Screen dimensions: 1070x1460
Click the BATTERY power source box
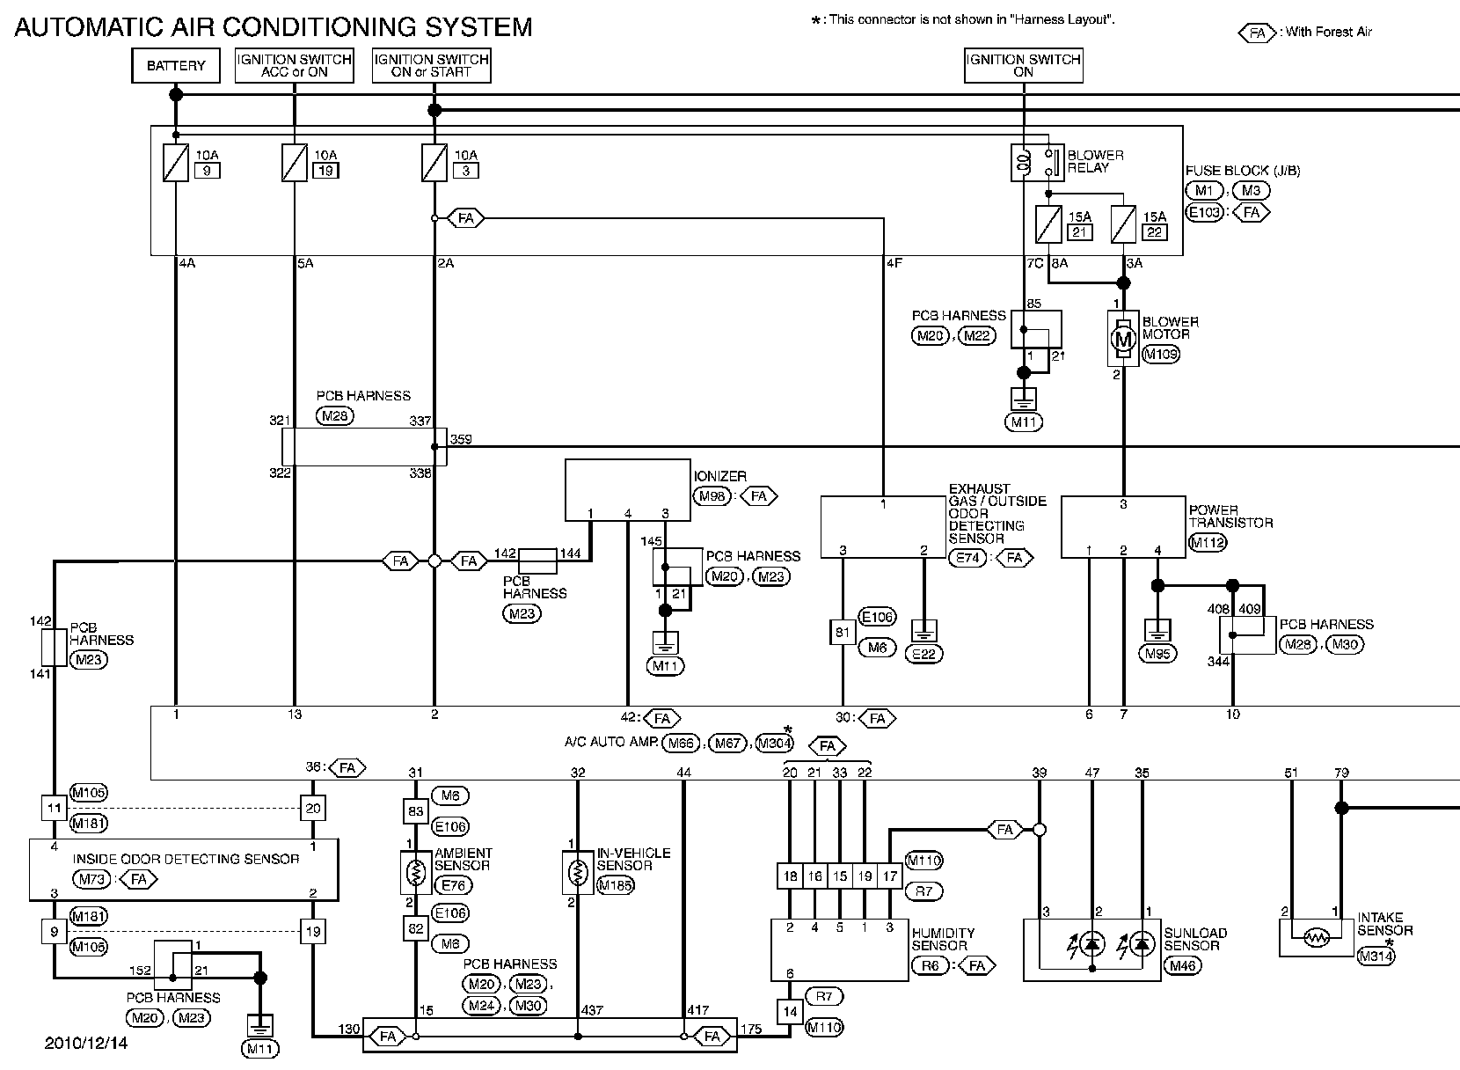[176, 66]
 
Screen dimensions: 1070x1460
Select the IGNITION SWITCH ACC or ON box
[294, 66]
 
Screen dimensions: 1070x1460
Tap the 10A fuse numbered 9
[176, 164]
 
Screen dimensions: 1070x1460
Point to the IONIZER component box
[627, 490]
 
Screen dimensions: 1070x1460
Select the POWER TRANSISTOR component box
[1123, 527]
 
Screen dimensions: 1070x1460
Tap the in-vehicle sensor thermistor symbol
[577, 873]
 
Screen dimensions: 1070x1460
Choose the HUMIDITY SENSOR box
[839, 950]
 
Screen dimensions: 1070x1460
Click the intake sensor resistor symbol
[1316, 938]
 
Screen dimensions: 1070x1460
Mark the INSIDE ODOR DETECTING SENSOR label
[186, 859]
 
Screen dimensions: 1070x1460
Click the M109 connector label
[1160, 355]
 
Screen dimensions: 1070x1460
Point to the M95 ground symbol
[1157, 632]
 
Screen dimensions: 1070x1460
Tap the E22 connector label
[923, 654]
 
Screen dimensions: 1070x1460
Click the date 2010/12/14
[86, 1043]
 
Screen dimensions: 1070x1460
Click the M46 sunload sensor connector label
[1183, 965]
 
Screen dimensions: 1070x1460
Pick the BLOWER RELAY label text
[1095, 161]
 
